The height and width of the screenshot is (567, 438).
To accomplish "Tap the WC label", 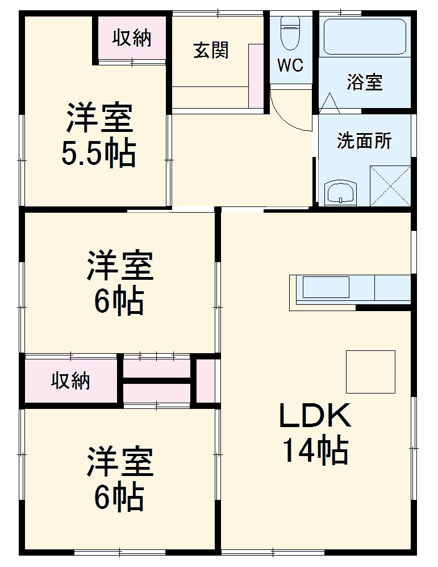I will click(x=290, y=65).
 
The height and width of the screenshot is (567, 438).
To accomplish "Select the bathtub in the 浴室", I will click(x=364, y=36).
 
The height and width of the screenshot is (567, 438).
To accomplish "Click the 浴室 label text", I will click(x=365, y=83).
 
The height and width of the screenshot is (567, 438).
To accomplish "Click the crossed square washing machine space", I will click(x=390, y=185).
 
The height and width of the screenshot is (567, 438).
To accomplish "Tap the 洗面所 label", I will click(x=364, y=140).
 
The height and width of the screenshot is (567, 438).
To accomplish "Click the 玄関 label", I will click(x=211, y=51).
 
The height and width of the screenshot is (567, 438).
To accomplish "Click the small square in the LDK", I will click(x=371, y=371).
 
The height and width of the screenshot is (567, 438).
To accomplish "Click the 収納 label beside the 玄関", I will click(x=132, y=38).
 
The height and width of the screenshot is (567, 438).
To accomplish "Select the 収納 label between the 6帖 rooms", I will click(x=71, y=380).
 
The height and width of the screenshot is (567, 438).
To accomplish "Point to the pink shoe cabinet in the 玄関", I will click(x=256, y=75).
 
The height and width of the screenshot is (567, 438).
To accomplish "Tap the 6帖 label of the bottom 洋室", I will click(x=119, y=497).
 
